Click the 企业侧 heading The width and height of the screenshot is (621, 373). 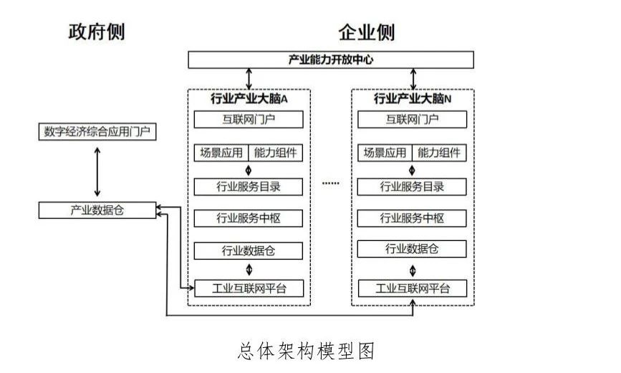tap(366, 32)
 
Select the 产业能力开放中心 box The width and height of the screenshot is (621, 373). tap(330, 60)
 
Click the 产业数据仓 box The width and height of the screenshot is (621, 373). tap(96, 210)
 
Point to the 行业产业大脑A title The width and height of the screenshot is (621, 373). tap(249, 97)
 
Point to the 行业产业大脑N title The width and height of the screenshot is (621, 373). tap(413, 97)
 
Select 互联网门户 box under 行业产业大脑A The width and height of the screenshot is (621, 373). tap(249, 119)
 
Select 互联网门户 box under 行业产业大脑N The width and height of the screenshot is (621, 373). tap(412, 119)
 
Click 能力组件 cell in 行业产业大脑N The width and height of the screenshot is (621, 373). tap(439, 153)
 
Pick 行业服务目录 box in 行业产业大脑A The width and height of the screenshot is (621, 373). tap(249, 186)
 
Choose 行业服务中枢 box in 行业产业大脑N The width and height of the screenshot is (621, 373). tap(412, 218)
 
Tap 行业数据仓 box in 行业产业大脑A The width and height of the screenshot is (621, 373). tap(249, 250)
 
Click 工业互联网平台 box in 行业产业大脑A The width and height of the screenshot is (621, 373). tap(249, 288)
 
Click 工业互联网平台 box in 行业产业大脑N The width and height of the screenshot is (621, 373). tap(412, 288)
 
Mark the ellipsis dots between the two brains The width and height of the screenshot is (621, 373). tap(330, 184)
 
